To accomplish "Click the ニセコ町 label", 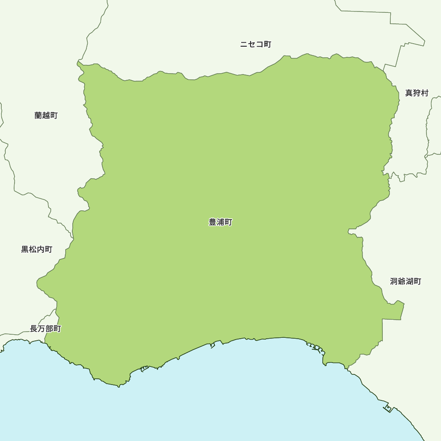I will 255,45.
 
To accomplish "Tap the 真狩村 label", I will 417,93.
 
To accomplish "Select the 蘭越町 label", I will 46,116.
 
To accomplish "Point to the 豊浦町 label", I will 220,222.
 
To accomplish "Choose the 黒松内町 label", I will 37,250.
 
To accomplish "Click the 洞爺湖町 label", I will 405,281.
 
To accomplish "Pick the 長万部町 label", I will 45,329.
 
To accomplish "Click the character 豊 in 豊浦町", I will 213,222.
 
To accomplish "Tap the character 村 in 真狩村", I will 425,93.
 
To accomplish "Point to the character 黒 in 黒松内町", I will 25,250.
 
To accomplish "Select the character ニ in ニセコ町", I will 244,45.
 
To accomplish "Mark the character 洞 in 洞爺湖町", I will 394,281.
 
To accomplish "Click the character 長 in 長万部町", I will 34,329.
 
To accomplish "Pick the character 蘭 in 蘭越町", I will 38,116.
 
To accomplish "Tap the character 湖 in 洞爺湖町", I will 409,281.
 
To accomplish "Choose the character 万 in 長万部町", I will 41,329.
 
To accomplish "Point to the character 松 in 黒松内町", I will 33,250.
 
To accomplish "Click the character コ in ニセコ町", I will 259,45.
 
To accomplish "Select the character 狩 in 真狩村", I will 417,93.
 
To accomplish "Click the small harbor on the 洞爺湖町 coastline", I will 388,408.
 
